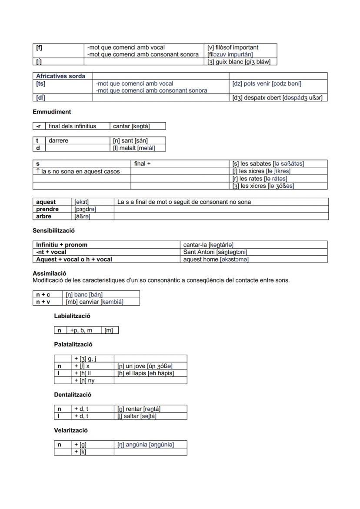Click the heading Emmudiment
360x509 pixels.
click(x=52, y=112)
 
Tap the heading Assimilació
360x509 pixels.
click(x=50, y=273)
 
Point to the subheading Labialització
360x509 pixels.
click(x=72, y=316)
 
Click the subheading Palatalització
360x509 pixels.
click(x=73, y=344)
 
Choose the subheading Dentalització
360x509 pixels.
click(x=73, y=395)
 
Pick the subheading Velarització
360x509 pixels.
click(x=71, y=430)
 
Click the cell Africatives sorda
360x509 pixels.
click(x=61, y=76)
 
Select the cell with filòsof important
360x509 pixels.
click(x=241, y=51)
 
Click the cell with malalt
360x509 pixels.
click(x=134, y=148)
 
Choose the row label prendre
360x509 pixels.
click(x=47, y=209)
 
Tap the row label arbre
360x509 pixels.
click(x=44, y=216)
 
